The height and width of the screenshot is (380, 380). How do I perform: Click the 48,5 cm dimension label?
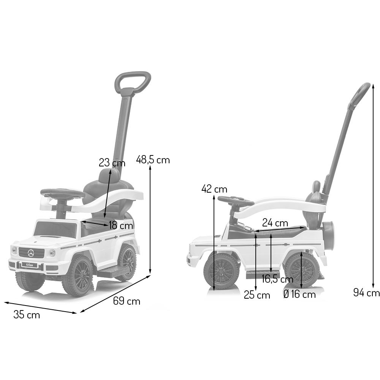click(x=153, y=160)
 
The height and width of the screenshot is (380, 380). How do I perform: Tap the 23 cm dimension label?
click(x=112, y=162)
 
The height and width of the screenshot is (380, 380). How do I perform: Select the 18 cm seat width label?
click(x=121, y=225)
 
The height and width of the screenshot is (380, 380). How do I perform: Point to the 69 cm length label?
click(x=127, y=301)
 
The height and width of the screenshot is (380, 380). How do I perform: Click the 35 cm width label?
click(x=27, y=315)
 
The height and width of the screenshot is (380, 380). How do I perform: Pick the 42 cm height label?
click(x=214, y=189)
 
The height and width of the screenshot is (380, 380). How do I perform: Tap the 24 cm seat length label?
click(x=275, y=223)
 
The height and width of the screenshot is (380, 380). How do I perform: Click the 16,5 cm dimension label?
click(x=277, y=279)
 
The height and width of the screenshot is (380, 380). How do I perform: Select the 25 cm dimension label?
click(x=257, y=295)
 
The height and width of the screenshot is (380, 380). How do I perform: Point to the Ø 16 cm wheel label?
click(x=299, y=294)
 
